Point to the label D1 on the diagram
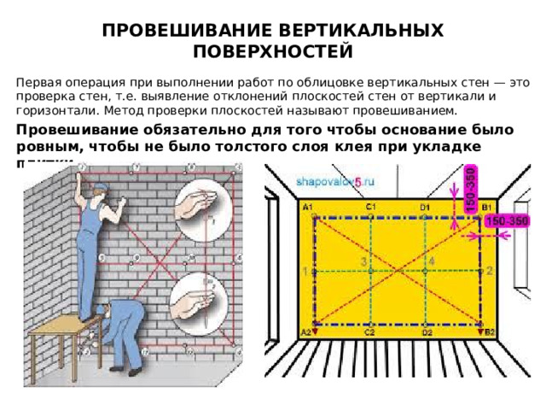tap(425, 208)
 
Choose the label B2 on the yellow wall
tap(490, 332)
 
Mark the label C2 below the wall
tap(370, 332)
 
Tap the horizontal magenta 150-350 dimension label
tap(507, 221)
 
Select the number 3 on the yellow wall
tap(363, 260)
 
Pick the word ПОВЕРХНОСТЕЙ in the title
tap(273, 51)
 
